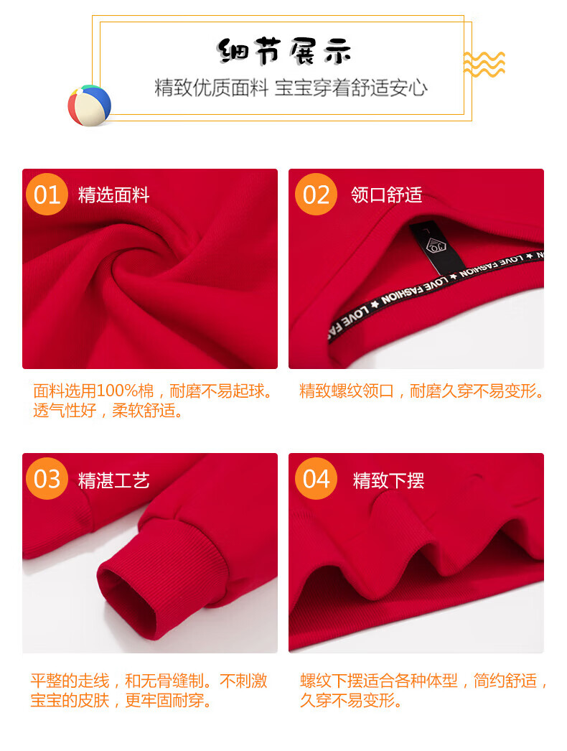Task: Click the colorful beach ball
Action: [x=90, y=106]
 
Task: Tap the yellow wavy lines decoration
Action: [x=484, y=64]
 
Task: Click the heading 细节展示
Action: [x=284, y=51]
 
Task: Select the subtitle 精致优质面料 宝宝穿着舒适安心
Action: [x=291, y=88]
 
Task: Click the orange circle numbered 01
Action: [x=47, y=195]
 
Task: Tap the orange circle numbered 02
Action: [x=316, y=195]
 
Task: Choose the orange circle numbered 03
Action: [x=47, y=478]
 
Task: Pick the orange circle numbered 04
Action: [x=316, y=478]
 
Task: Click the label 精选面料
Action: [x=114, y=195]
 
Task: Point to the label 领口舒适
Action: [x=386, y=195]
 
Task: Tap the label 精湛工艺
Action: [x=114, y=480]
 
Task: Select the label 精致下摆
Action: [x=388, y=480]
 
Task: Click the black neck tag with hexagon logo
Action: [x=437, y=247]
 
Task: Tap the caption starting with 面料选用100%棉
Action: [x=154, y=401]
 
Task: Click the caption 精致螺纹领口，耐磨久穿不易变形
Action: [x=422, y=391]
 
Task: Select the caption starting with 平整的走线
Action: [x=149, y=690]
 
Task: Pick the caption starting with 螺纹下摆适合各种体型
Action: [x=423, y=690]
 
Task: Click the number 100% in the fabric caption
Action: [x=117, y=391]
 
